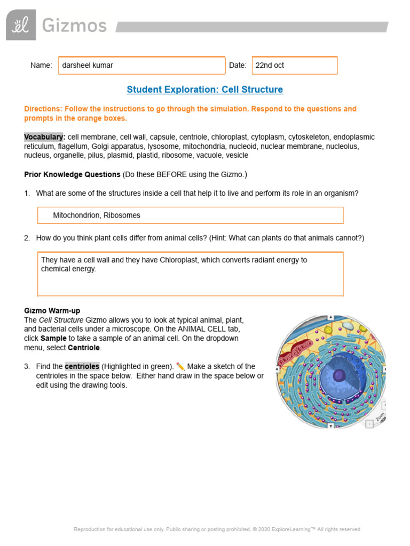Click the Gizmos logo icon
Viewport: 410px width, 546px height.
pos(21,25)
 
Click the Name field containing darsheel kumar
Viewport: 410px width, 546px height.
pos(141,66)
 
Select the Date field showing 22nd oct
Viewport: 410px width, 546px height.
pos(294,66)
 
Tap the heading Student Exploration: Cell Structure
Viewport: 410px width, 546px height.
pos(204,90)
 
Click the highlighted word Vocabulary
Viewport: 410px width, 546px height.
pos(44,137)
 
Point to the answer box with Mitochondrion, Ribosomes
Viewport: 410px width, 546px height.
pos(190,215)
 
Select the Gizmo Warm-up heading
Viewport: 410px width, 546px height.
pos(52,310)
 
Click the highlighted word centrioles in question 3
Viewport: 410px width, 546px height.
pos(82,366)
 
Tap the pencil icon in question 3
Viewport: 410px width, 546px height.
pos(180,366)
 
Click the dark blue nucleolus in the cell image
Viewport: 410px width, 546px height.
pos(338,375)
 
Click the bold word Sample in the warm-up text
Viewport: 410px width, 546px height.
pos(53,339)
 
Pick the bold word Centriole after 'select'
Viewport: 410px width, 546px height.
pos(84,348)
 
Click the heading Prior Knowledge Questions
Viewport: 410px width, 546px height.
pos(72,174)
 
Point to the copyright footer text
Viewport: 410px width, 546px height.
pos(217,529)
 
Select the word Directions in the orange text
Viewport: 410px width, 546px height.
pos(43,109)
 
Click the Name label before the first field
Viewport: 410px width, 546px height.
pos(41,66)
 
